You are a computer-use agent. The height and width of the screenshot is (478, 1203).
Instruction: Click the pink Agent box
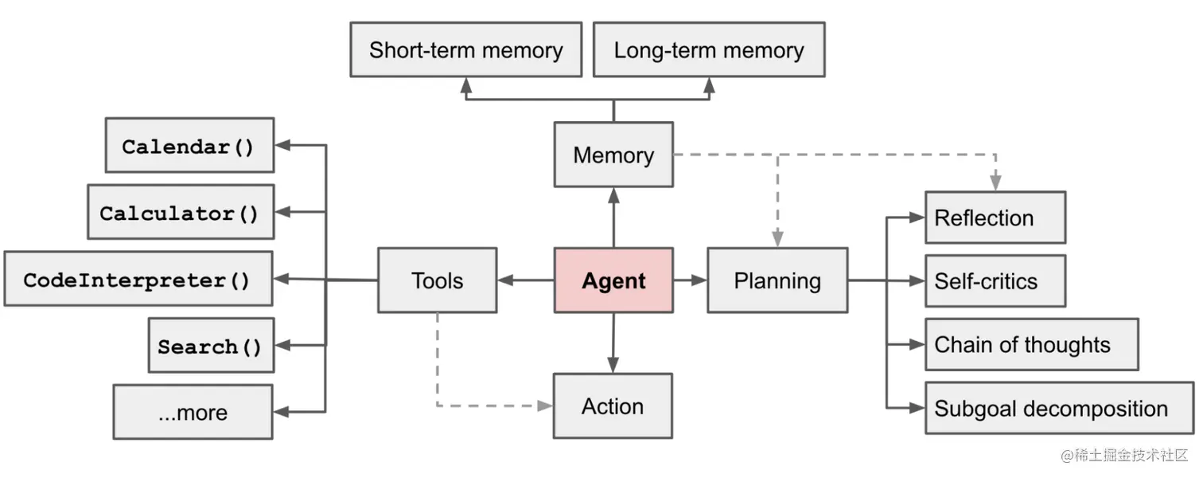613,280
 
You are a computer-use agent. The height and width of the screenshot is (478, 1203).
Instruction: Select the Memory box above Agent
613,155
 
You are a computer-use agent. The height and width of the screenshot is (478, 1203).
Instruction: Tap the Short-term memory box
465,50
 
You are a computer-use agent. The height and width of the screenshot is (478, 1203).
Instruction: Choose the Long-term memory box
708,50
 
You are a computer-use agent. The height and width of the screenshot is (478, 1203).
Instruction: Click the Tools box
437,280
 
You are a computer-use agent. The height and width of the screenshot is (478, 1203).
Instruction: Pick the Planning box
777,280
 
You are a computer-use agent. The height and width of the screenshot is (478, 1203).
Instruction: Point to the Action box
613,406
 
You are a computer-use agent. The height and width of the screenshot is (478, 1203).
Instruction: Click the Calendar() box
189,146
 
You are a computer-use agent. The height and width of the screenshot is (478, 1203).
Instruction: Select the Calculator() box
180,213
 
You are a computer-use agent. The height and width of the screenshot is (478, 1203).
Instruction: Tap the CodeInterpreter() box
138,280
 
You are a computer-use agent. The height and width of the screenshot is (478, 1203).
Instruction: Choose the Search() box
211,347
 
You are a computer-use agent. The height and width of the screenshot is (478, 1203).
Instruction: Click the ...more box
193,413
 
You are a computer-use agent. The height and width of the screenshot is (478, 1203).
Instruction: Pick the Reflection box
995,217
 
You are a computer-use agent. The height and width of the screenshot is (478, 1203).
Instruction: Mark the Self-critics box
995,281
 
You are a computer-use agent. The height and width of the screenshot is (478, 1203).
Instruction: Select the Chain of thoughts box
1030,345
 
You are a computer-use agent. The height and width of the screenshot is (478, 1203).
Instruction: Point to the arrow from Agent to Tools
525,280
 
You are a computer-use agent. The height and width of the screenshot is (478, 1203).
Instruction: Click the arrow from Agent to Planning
690,280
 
